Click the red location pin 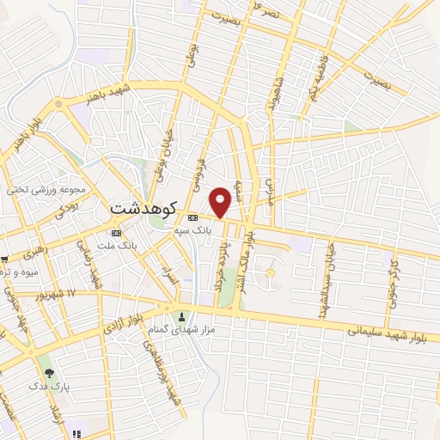(x=221, y=201)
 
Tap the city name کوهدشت (x=144, y=208)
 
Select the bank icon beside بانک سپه (x=192, y=217)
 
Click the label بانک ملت (x=119, y=247)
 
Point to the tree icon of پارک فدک (x=49, y=374)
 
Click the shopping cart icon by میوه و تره (x=4, y=259)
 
